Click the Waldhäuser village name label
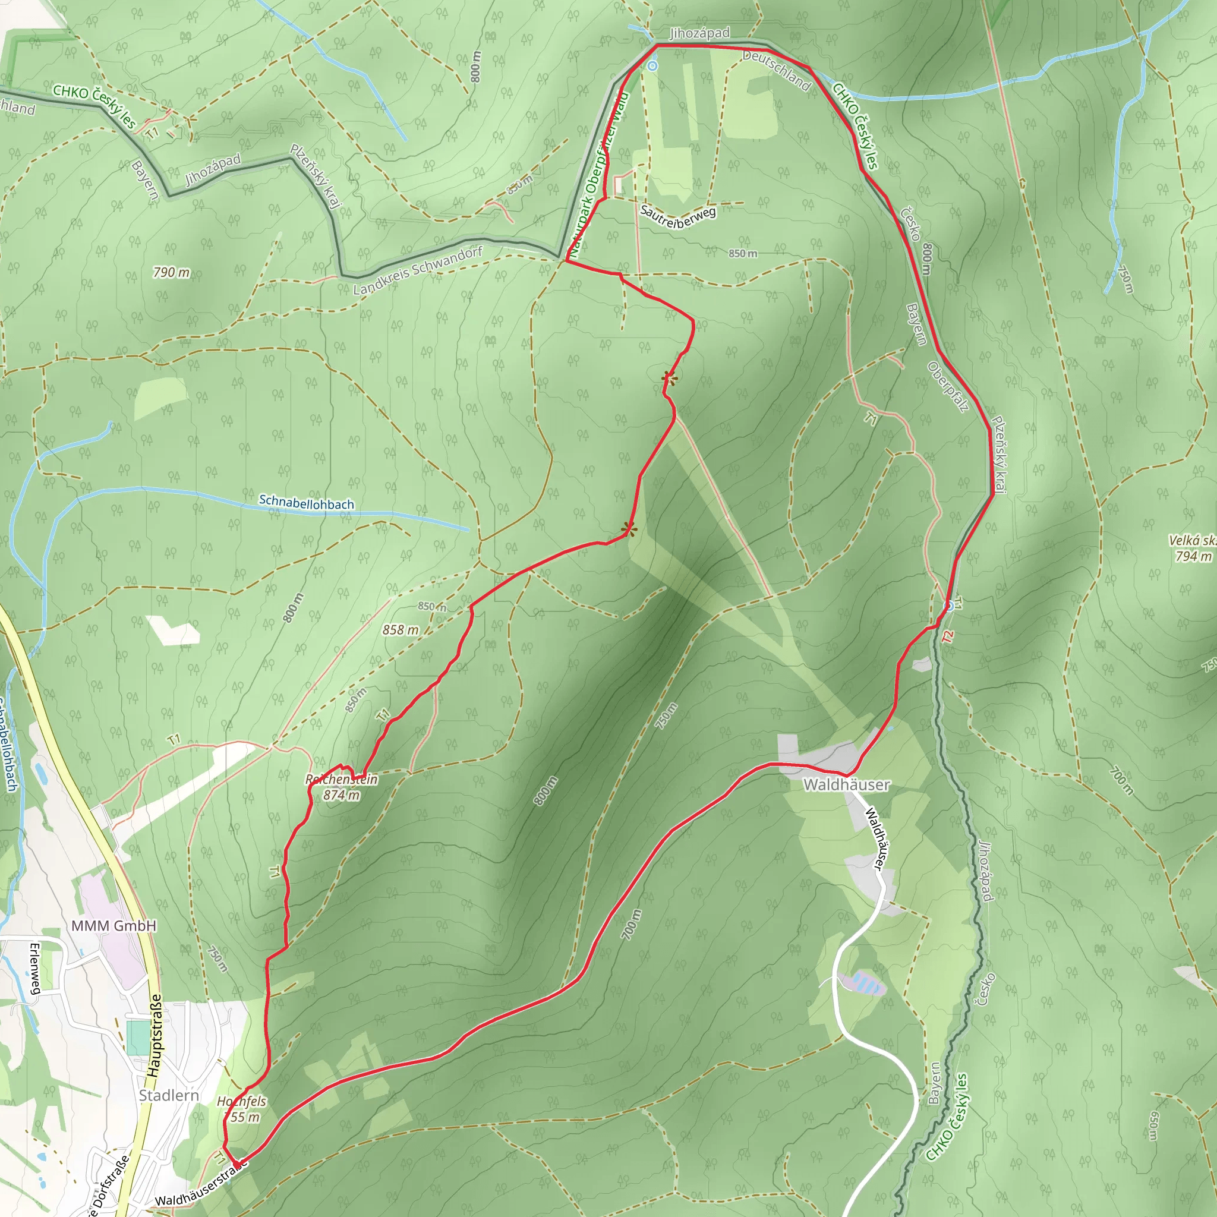[x=847, y=785]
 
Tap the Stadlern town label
[x=169, y=1095]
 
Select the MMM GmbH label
[x=113, y=925]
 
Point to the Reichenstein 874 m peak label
[x=342, y=787]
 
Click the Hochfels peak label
[x=241, y=1109]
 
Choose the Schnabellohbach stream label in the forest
[x=306, y=503]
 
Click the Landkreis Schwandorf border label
[x=418, y=271]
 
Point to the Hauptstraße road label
[x=155, y=1035]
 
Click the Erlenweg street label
[x=35, y=968]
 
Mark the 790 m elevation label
[x=171, y=272]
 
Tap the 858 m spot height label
[x=400, y=629]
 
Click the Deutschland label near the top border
[x=775, y=70]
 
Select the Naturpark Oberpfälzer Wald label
[x=598, y=177]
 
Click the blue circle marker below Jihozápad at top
[x=652, y=65]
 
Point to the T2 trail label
[x=948, y=637]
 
